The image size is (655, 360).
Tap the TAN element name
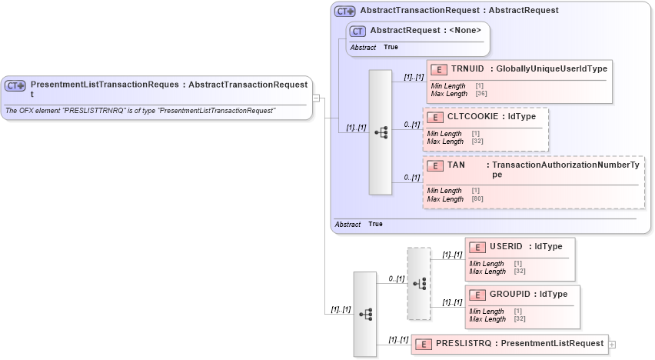tap(456, 165)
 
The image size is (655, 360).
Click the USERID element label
tap(506, 247)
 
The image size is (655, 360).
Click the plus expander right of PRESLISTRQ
tap(612, 344)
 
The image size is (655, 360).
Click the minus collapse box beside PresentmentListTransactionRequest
tap(316, 98)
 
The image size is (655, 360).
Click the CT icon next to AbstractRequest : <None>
tap(357, 31)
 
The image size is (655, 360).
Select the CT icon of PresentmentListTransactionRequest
tap(15, 85)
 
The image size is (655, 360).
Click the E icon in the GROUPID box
tap(477, 295)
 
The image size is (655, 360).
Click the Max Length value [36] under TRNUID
tap(480, 94)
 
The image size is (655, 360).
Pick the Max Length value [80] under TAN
tap(477, 199)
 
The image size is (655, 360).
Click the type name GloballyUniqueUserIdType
tap(551, 69)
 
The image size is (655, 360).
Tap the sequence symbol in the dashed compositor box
tap(419, 283)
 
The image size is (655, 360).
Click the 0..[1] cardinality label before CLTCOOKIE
tap(411, 125)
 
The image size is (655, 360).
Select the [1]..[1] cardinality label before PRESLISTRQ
tap(397, 339)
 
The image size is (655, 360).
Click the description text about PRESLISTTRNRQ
tap(141, 111)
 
